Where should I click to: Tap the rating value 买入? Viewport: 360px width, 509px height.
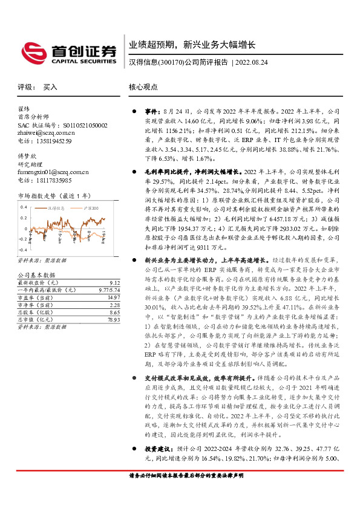[50, 87]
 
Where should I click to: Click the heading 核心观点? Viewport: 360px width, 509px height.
[143, 87]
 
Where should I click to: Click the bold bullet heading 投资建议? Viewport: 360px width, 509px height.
[154, 466]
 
